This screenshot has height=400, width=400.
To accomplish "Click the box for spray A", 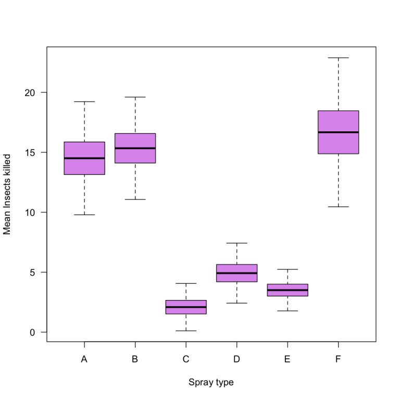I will click(x=84, y=166).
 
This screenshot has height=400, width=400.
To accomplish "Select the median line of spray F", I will click(x=338, y=132).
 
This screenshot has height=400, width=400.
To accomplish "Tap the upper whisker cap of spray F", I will click(x=338, y=58).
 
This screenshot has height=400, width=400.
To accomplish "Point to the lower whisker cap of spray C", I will click(x=186, y=331).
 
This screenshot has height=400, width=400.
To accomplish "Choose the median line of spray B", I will click(x=135, y=148).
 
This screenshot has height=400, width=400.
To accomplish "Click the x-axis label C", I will click(x=186, y=359).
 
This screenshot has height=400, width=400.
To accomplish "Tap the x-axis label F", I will click(x=338, y=359).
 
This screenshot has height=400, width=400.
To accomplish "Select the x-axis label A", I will click(x=84, y=359).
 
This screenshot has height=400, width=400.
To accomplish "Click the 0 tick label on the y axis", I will click(x=32, y=332).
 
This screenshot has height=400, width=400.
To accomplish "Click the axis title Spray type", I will click(x=211, y=382).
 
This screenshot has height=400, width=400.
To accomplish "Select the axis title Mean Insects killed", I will click(x=7, y=194).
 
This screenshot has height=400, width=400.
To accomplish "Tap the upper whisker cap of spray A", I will click(x=84, y=102).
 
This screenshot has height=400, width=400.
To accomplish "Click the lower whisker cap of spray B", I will click(x=135, y=199).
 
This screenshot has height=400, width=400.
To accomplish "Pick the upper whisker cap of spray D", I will click(x=237, y=243).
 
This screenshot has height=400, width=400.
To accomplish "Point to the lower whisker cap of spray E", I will click(x=287, y=311).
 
